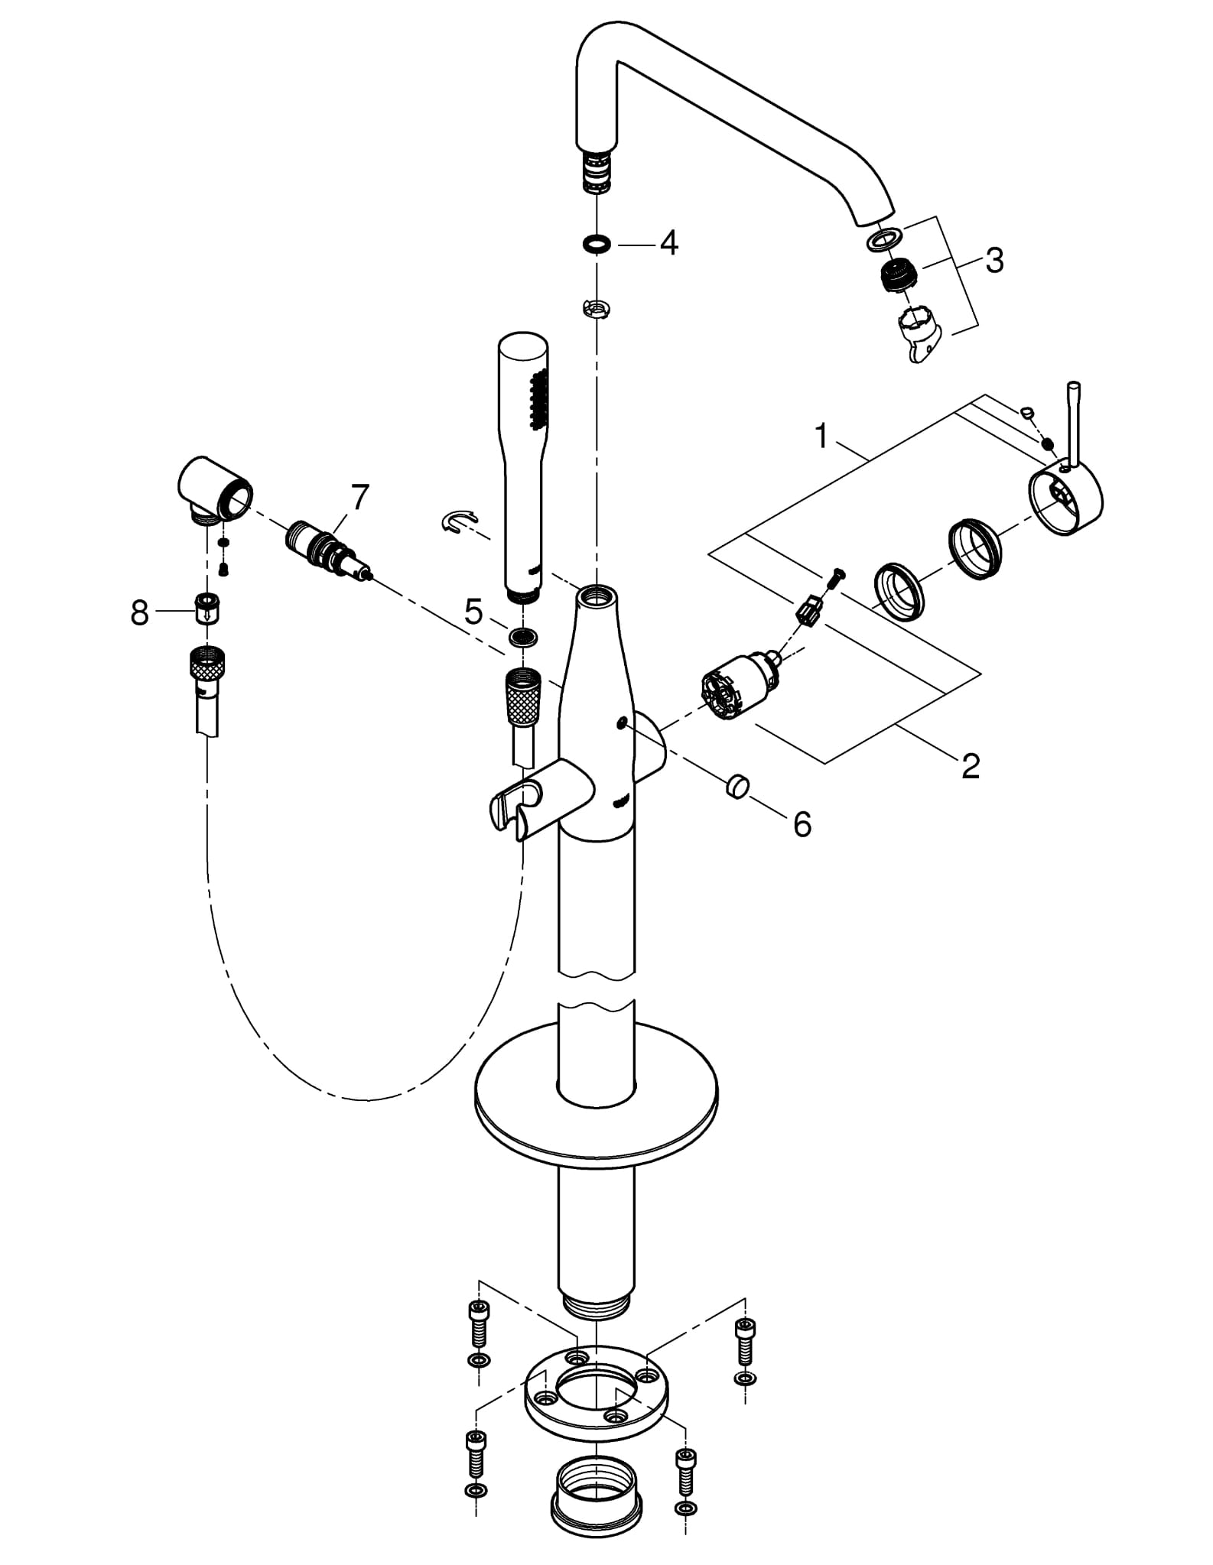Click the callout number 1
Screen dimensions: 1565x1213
[821, 437]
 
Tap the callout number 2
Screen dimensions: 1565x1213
[971, 765]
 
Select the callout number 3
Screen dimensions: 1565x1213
[993, 260]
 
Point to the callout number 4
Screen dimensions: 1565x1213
[668, 243]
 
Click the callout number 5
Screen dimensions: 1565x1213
[474, 611]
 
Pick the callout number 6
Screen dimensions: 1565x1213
[802, 824]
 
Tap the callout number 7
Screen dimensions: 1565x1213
[359, 498]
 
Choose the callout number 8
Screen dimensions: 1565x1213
[139, 612]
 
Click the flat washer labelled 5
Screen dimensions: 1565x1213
[523, 636]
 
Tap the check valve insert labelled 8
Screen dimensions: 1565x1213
[205, 609]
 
